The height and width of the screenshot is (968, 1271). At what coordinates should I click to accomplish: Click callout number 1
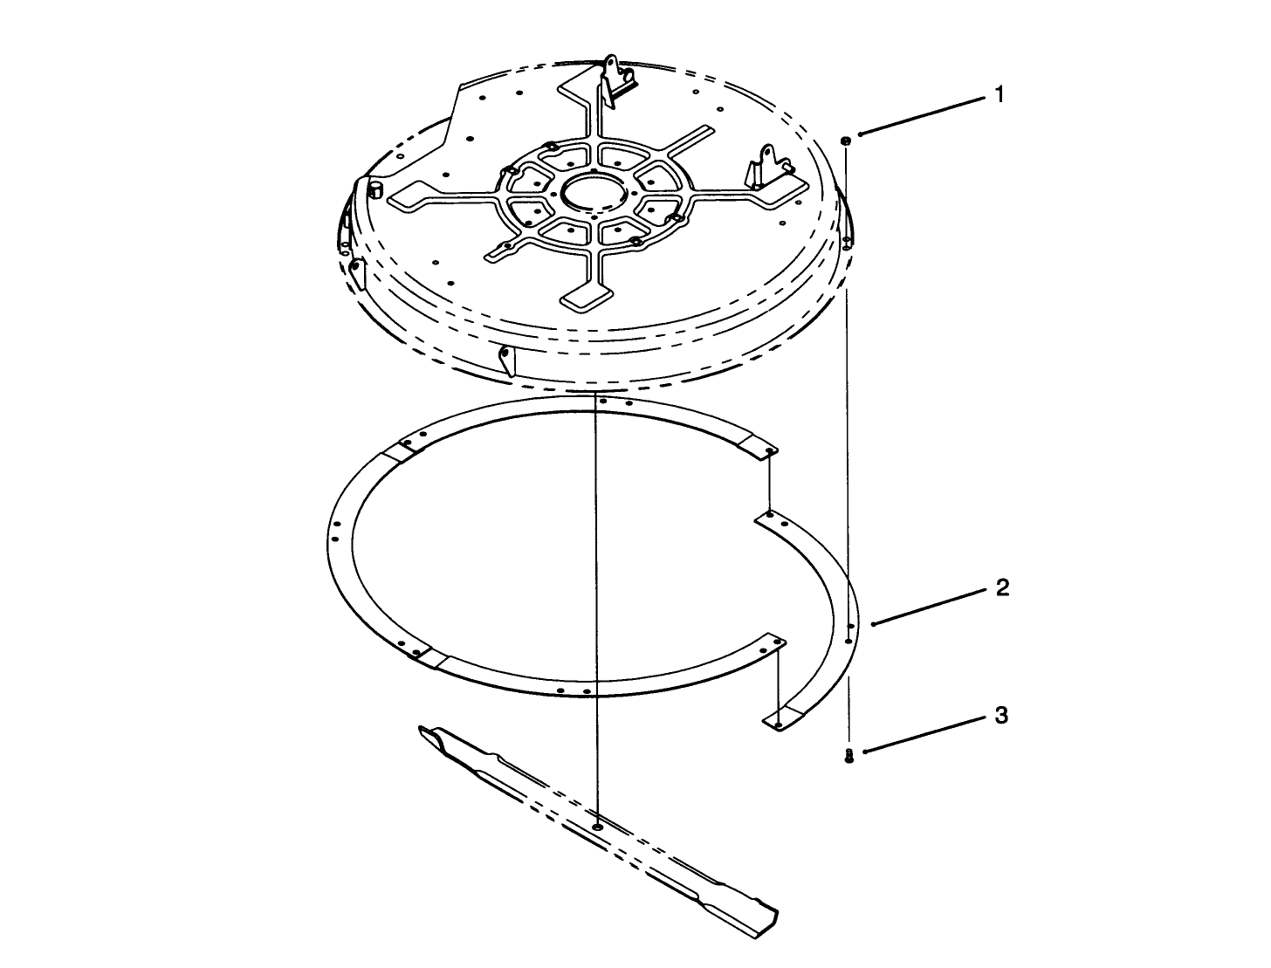[999, 95]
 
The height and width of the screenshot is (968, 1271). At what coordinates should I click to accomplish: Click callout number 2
[1002, 588]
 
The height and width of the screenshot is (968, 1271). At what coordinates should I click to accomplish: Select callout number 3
[1001, 716]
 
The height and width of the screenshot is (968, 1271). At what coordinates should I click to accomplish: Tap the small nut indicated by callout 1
[846, 140]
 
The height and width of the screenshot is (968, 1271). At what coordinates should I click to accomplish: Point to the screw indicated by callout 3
[848, 756]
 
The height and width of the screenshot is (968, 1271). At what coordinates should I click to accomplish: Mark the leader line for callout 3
[925, 734]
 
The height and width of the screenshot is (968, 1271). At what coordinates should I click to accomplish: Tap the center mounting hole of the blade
[597, 826]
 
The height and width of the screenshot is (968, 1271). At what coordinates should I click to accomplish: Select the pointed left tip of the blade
[428, 729]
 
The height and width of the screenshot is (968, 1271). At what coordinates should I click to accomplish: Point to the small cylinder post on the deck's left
[375, 189]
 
